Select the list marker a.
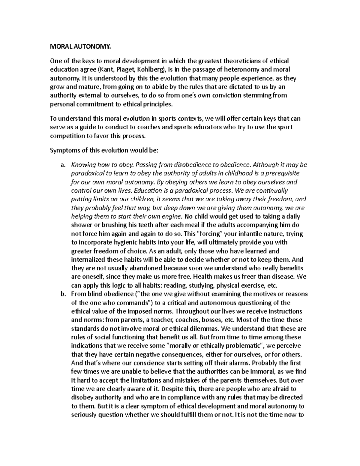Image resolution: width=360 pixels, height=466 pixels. coord(62,165)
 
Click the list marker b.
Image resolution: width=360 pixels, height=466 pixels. coord(62,294)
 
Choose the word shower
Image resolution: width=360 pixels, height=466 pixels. coord(81,225)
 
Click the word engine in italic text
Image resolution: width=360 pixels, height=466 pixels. coord(172,216)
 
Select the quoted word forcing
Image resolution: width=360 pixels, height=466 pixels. coord(209,234)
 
